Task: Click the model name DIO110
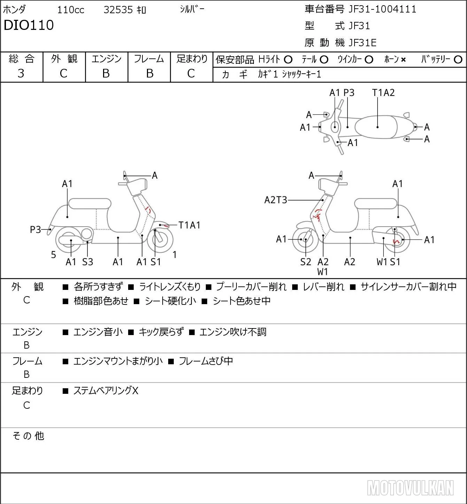29,25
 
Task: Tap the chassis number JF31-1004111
382,9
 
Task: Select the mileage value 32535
118,10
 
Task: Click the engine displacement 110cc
70,10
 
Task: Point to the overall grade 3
21,74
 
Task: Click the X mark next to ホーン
403,60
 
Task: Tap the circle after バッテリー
458,60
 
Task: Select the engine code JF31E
363,43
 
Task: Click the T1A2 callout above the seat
383,93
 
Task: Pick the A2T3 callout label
275,200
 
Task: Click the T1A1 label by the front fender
189,225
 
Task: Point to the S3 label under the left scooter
87,262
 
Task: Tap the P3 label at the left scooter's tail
36,230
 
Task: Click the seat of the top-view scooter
376,127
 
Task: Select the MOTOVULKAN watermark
410,488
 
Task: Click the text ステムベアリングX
106,391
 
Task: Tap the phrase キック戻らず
161,332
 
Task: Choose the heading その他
28,436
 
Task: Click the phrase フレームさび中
206,361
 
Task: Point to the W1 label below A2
322,272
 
